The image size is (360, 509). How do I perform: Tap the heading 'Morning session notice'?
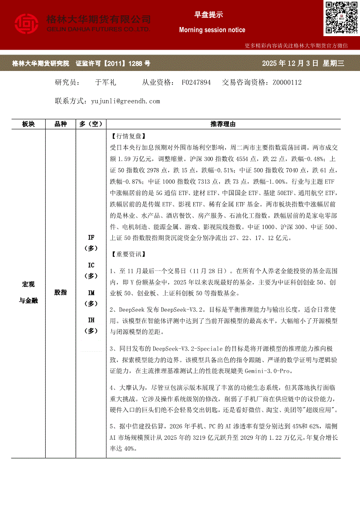pyautogui.click(x=212, y=30)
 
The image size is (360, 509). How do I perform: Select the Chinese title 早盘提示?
pyautogui.click(x=209, y=15)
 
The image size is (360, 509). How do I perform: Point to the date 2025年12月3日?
pyautogui.click(x=290, y=64)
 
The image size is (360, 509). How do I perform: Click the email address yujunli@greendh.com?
pyautogui.click(x=126, y=101)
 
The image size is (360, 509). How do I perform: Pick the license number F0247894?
pyautogui.click(x=196, y=82)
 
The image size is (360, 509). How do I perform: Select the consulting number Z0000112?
pyautogui.click(x=287, y=82)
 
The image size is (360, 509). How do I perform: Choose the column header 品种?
pyautogui.click(x=61, y=125)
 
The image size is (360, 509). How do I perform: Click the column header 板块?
pyautogui.click(x=28, y=125)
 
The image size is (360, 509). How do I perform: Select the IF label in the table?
pyautogui.click(x=91, y=238)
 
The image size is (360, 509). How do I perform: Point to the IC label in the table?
pyautogui.click(x=91, y=265)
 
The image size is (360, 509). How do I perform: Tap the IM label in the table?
pyautogui.click(x=91, y=293)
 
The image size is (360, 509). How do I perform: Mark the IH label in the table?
pyautogui.click(x=91, y=320)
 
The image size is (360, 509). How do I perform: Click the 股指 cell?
pyautogui.click(x=61, y=293)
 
